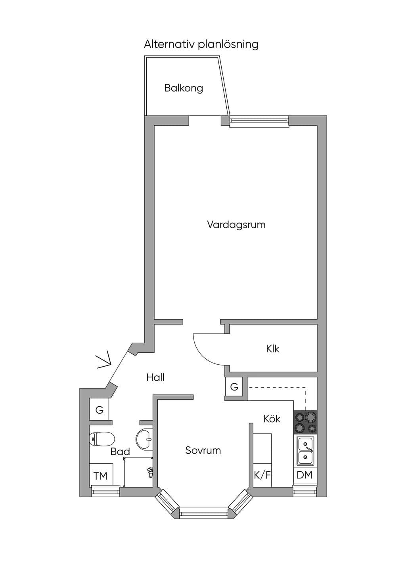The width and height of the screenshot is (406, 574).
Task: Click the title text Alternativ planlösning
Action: click(201, 44)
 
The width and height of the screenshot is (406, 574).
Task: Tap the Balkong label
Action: click(184, 88)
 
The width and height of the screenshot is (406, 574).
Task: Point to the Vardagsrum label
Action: click(236, 225)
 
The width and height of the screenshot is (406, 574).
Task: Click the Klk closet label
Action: click(272, 349)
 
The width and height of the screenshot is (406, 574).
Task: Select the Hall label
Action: click(155, 377)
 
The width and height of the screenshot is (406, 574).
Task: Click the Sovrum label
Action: click(203, 450)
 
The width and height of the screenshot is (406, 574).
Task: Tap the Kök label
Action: click(272, 419)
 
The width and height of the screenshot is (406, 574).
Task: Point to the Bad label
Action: click(120, 452)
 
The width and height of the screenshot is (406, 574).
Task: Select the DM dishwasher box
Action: click(305, 475)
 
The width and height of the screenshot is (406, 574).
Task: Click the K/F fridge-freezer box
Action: click(262, 475)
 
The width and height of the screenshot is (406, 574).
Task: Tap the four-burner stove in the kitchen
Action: click(305, 423)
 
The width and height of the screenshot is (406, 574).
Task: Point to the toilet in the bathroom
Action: click(102, 438)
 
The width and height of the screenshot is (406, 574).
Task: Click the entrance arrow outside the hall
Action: click(104, 362)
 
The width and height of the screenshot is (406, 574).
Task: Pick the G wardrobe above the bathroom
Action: click(99, 410)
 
